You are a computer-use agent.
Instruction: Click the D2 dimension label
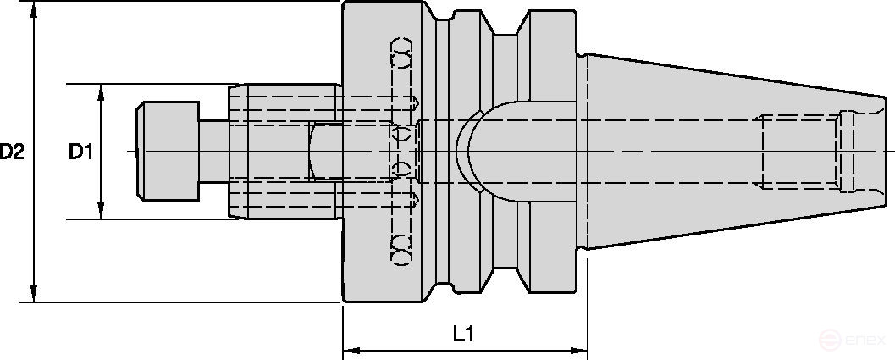click(13, 152)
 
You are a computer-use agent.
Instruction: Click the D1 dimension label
click(81, 152)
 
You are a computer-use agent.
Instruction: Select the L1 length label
click(462, 335)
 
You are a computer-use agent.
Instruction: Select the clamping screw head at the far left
click(167, 152)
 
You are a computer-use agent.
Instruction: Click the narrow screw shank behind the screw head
click(213, 152)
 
